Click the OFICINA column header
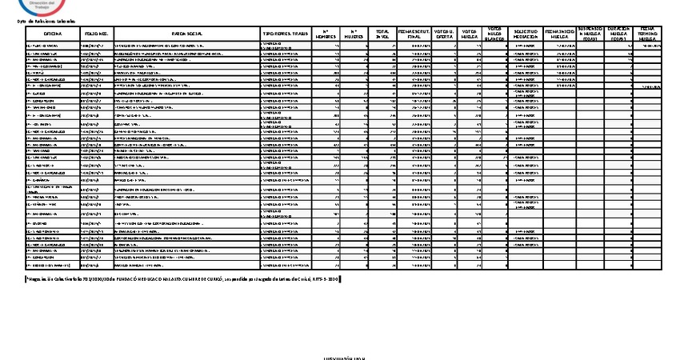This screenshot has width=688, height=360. point(53,34)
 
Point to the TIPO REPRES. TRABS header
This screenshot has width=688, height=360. point(286,34)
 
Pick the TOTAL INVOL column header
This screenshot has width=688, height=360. point(383,34)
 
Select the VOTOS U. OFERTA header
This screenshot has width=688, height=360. point(446,34)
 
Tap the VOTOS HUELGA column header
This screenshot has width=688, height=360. point(470,34)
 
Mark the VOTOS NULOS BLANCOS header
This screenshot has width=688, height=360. point(495,34)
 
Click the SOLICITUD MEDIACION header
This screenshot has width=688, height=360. point(526,34)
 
